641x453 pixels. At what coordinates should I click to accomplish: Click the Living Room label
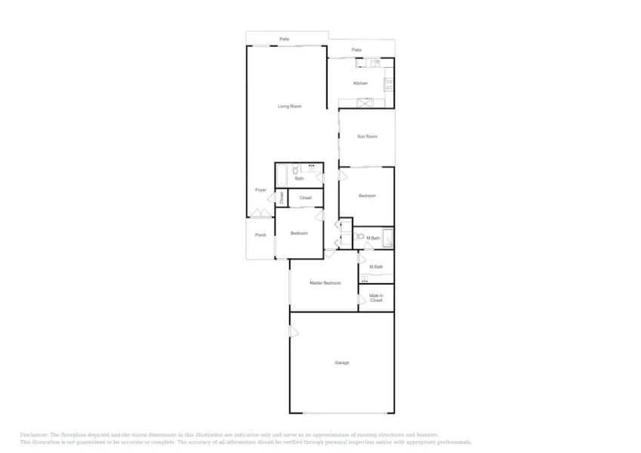(290, 106)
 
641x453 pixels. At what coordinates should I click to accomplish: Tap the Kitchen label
(361, 83)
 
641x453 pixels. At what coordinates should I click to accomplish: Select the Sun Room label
(367, 137)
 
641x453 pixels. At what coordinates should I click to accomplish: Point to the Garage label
(342, 363)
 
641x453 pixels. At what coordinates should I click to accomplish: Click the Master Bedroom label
(325, 283)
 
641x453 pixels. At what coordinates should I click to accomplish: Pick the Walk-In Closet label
(376, 298)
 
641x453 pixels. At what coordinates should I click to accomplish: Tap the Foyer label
(260, 190)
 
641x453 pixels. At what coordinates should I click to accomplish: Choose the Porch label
(260, 235)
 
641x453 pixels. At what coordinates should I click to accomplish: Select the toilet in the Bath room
(297, 168)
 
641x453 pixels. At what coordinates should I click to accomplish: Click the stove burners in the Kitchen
(389, 84)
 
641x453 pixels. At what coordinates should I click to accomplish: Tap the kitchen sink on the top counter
(375, 62)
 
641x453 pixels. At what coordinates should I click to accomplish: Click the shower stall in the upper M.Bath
(388, 237)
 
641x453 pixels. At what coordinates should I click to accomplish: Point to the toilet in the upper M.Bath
(362, 237)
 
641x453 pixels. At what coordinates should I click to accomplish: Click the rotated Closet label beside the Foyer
(282, 199)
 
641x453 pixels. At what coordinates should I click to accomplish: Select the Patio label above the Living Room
(285, 39)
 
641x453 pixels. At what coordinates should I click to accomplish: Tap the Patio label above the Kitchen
(356, 51)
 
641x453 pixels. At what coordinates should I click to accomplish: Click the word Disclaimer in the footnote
(34, 435)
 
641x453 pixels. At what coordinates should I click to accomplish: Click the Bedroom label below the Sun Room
(367, 196)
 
